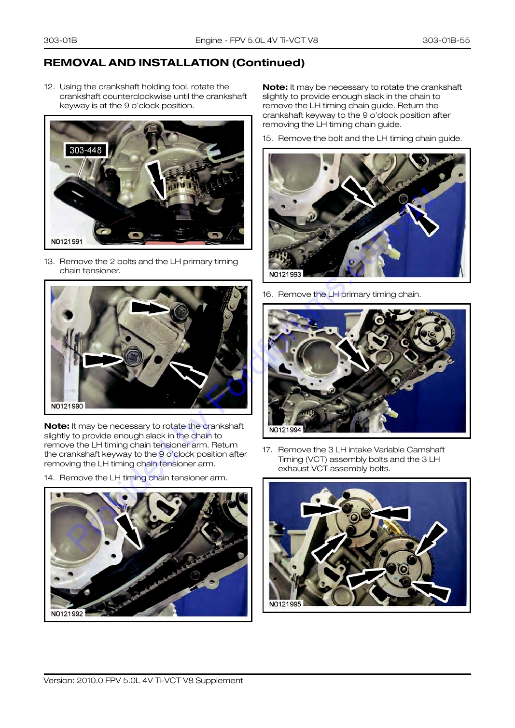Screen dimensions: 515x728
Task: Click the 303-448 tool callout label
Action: click(x=85, y=150)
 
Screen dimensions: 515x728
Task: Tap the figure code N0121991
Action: click(x=67, y=241)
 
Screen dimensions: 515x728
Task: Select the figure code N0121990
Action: click(x=67, y=406)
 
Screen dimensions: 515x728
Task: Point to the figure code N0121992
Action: click(x=67, y=614)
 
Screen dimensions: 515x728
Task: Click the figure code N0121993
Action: click(x=285, y=274)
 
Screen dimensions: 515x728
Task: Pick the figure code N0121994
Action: click(x=285, y=430)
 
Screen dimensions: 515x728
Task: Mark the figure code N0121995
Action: click(x=285, y=604)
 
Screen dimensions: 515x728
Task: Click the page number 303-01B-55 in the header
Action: click(x=446, y=40)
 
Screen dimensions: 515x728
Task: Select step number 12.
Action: click(x=49, y=87)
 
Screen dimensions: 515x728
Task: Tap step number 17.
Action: click(x=267, y=450)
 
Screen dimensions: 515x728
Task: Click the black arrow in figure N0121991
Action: click(x=156, y=181)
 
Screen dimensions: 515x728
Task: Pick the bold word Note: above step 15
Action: click(x=275, y=87)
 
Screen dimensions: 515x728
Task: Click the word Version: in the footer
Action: click(x=59, y=681)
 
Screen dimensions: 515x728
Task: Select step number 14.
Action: click(x=49, y=478)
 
